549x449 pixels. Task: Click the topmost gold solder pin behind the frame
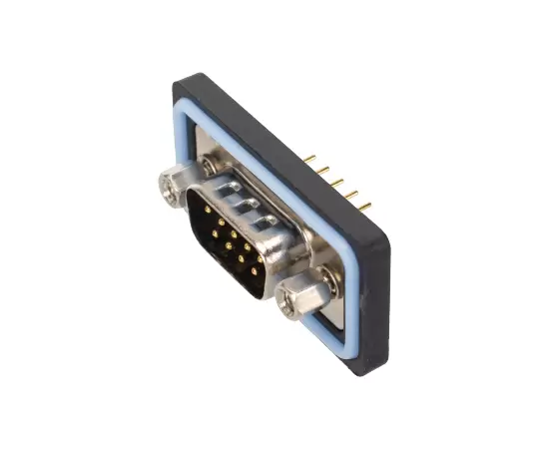tap(311, 159)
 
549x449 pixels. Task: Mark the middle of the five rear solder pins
tap(338, 183)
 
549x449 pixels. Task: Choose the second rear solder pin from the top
tap(325, 171)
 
